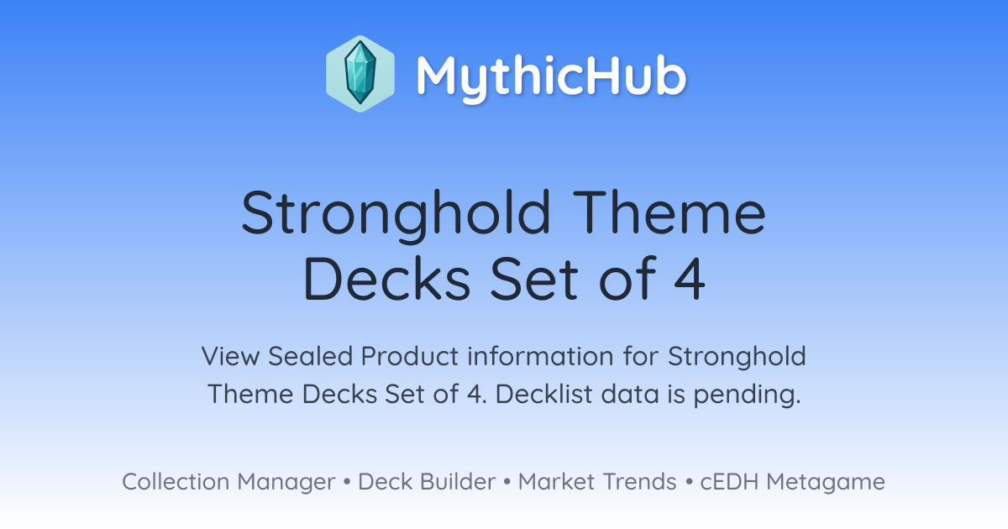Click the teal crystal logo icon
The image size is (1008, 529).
tap(360, 74)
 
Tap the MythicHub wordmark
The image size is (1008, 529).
tap(551, 77)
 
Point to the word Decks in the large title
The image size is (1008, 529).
tap(387, 278)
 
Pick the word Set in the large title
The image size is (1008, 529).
tap(534, 278)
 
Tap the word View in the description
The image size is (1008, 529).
tap(230, 356)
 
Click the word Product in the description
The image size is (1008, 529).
tap(410, 356)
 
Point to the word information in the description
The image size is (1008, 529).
tap(540, 356)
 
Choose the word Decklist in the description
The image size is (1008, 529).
tap(544, 394)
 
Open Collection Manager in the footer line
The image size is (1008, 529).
tap(228, 482)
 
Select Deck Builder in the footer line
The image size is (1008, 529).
tap(427, 481)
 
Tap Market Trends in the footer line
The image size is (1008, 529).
tap(597, 481)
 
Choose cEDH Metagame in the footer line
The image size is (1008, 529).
tap(793, 482)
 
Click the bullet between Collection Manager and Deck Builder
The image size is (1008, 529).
tap(346, 482)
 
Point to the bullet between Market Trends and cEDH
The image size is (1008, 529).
tap(689, 482)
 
